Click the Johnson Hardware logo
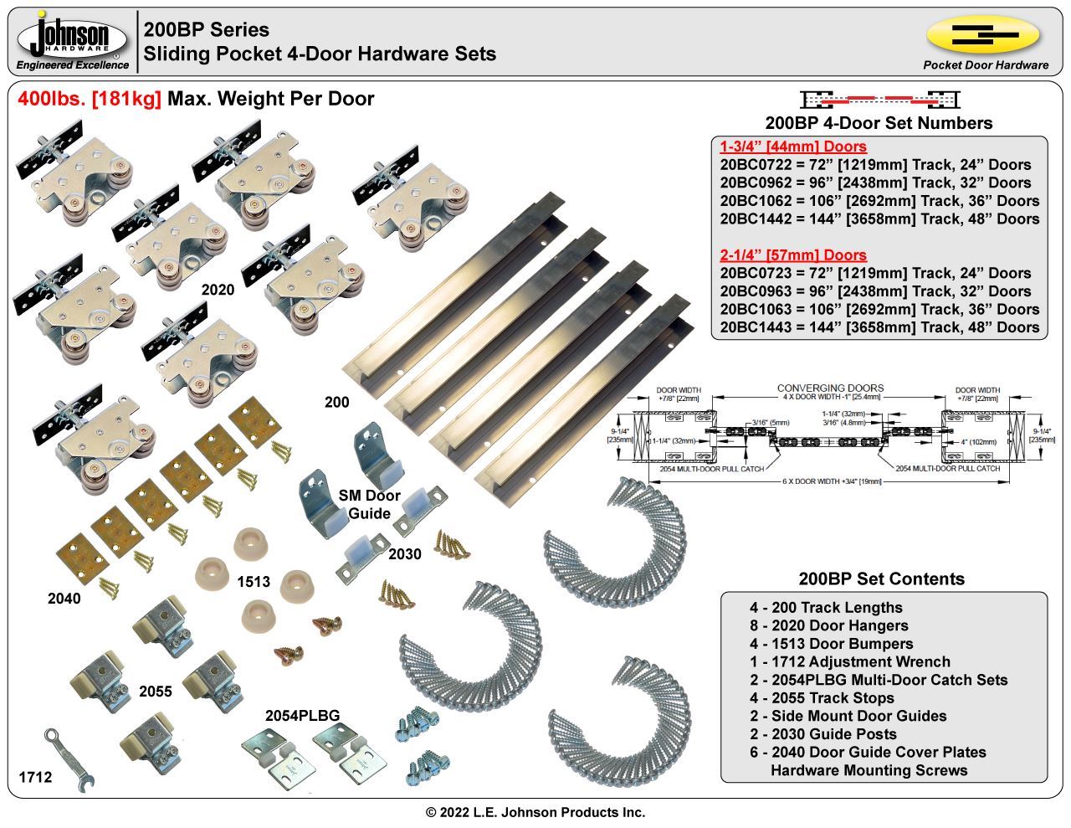coord(73,40)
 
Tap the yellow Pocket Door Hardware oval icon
coord(983,35)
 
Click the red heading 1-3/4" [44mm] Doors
coord(793,147)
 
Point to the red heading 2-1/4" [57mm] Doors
coord(793,255)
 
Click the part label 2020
coord(218,290)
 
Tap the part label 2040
coord(64,599)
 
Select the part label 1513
coord(253,581)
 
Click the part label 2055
coord(155,692)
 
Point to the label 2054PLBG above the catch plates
coord(302,716)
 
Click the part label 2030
coord(405,554)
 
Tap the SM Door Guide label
coord(369,505)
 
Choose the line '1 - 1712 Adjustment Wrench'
coord(849,661)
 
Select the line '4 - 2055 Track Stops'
coord(822,697)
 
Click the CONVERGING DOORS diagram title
coord(830,388)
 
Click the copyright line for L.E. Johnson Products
coord(535,812)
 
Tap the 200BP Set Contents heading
coord(881,579)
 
